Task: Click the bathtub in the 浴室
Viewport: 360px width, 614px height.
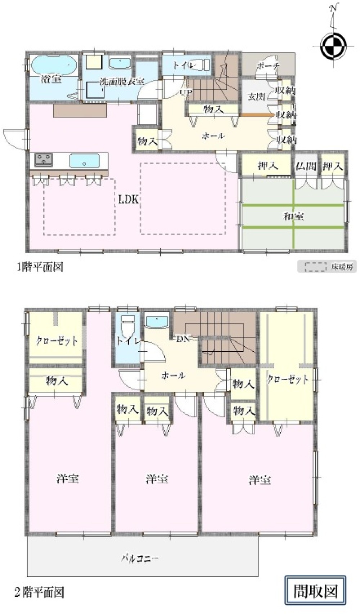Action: click(53, 65)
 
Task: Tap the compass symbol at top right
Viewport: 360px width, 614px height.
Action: click(333, 46)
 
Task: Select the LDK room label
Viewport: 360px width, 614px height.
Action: click(129, 200)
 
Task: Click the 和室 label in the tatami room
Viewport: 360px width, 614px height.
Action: click(293, 216)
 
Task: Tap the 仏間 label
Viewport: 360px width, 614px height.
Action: click(306, 166)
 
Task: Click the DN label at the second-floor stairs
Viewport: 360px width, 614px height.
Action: click(183, 339)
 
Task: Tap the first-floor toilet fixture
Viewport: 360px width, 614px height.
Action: click(200, 65)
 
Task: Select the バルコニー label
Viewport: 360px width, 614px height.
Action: click(139, 559)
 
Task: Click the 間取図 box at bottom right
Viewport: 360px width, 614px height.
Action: click(315, 591)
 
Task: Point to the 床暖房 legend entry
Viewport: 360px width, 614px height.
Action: click(327, 267)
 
